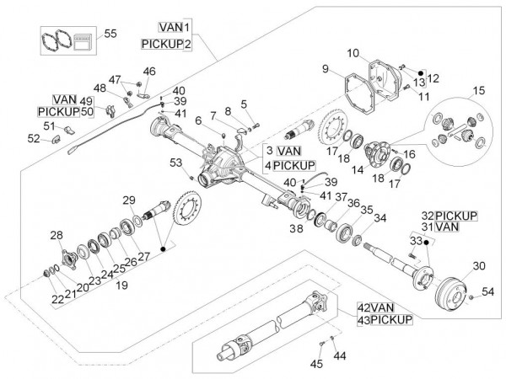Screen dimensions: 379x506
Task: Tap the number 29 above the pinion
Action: pos(128,200)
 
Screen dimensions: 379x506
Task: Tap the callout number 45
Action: pos(316,364)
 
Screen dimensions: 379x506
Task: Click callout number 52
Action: pos(33,139)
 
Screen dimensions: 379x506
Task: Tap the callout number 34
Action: pos(380,218)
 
